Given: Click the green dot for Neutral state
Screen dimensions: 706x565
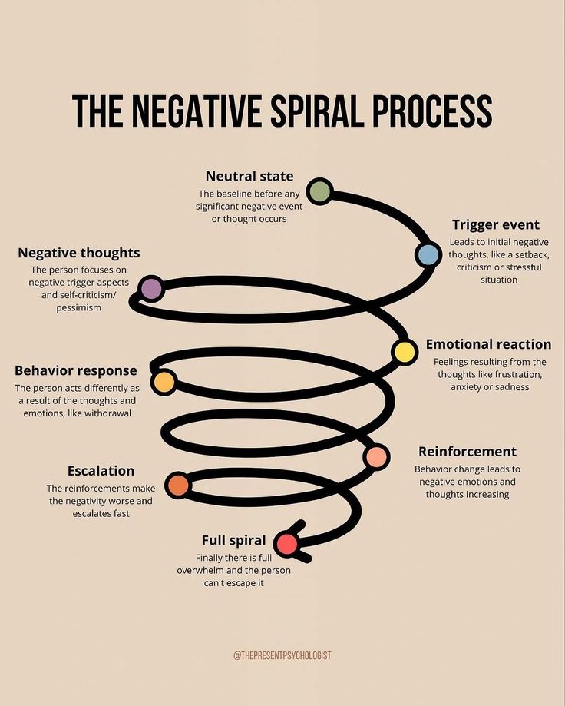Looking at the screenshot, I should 319,191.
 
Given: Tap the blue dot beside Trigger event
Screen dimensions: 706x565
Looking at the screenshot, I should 428,254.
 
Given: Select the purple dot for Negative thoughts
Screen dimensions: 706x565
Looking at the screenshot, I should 152,288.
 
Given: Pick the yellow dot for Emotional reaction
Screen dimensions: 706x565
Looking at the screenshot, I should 404,351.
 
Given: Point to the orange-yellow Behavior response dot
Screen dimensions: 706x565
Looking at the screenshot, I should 164,382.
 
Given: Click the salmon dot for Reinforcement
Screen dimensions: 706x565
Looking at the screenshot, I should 376,456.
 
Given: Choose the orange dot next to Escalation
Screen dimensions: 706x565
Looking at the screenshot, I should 177,485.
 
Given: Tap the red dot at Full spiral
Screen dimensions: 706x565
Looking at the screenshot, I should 287,544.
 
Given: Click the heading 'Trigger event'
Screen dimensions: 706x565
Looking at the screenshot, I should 495,224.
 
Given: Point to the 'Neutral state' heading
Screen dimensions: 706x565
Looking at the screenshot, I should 249,177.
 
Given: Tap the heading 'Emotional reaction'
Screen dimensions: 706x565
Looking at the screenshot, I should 488,344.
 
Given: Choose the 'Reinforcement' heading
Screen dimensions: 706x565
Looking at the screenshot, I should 468,451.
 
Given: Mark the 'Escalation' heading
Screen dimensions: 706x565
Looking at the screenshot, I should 101,471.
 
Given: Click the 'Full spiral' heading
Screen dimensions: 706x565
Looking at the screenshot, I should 233,540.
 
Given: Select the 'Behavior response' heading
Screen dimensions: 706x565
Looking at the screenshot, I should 75,370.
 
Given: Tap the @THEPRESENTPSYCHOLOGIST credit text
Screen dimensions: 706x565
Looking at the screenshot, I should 282,655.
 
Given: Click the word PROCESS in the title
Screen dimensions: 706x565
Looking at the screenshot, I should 432,111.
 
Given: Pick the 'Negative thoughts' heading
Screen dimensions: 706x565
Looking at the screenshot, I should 79,253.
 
